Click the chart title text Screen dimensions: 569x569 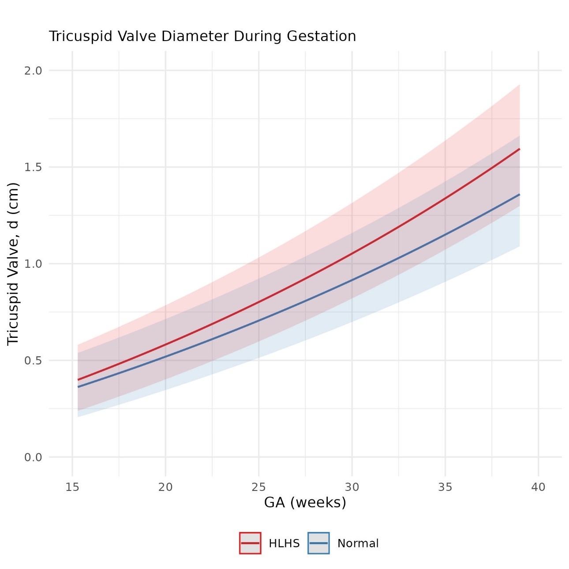click(x=202, y=36)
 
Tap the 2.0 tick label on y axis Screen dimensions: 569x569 click(x=33, y=71)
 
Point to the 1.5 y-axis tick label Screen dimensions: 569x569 click(x=33, y=167)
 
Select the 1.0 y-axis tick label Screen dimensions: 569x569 click(x=33, y=264)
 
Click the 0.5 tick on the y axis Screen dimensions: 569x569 click(x=33, y=360)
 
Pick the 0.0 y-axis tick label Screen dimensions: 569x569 click(x=33, y=457)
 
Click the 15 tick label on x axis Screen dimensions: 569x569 click(x=72, y=487)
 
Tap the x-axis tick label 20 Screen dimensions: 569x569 click(x=165, y=487)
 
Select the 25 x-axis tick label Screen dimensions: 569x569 click(x=259, y=487)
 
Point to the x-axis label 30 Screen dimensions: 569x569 click(x=352, y=487)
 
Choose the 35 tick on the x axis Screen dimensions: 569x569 click(x=445, y=487)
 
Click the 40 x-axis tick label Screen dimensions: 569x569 click(x=539, y=487)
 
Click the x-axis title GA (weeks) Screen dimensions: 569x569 click(x=305, y=502)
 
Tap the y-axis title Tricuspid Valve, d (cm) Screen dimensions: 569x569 click(x=13, y=264)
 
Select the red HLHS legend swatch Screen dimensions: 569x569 click(x=250, y=543)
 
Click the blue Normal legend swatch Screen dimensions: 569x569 click(x=318, y=543)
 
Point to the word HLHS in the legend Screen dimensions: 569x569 click(x=284, y=543)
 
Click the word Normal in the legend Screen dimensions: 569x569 click(x=358, y=543)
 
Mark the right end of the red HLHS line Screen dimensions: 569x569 click(x=520, y=149)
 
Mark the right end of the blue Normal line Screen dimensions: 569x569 click(x=520, y=195)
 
